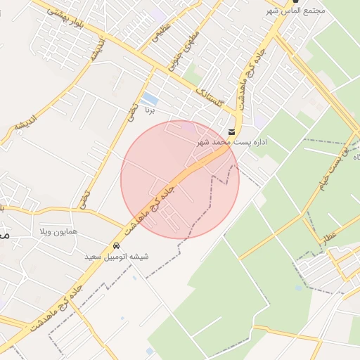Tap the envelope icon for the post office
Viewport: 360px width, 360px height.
[232, 131]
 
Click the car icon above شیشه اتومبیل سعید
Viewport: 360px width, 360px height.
[115, 246]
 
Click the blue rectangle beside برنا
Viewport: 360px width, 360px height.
[149, 98]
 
